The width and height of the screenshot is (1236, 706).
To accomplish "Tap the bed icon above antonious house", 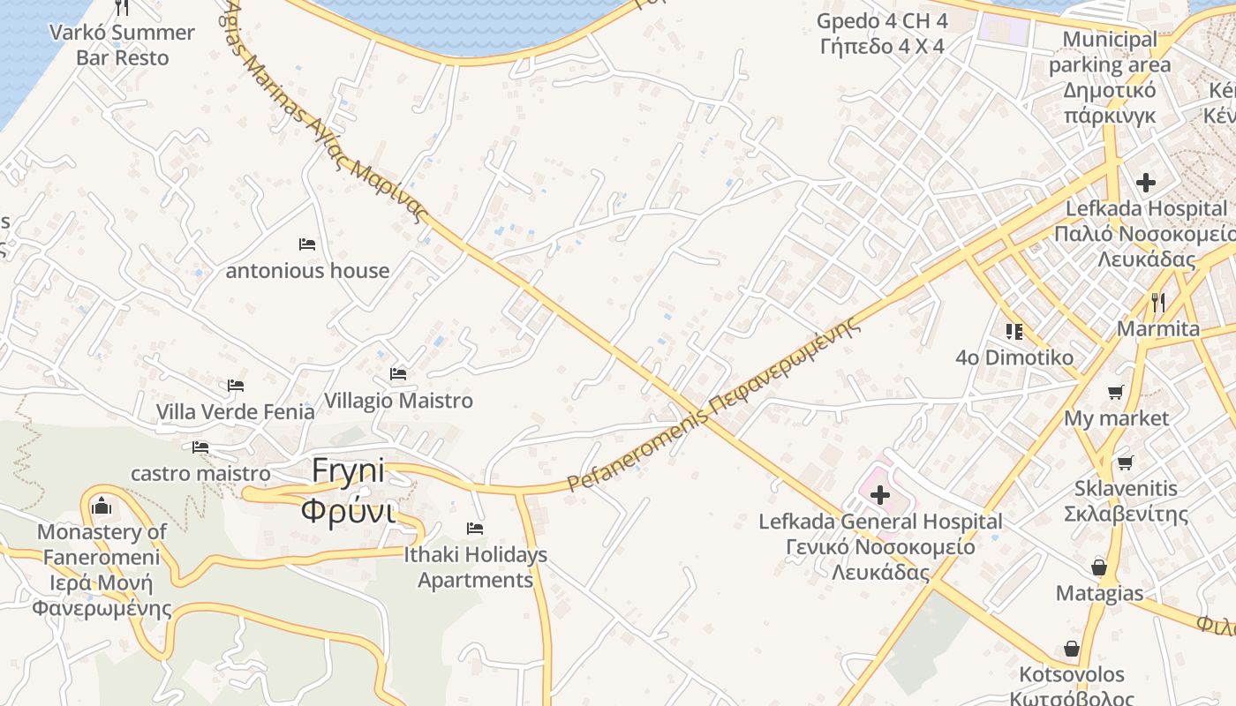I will pos(307,244).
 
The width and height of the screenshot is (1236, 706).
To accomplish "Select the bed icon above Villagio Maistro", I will pos(398,374).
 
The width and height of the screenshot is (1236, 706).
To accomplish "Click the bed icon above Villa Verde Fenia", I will pos(236,386).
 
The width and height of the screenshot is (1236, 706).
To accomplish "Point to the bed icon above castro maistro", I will pos(200,447).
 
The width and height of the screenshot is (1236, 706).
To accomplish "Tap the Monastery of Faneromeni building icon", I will pos(102,506).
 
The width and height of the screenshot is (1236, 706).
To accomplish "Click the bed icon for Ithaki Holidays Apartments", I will pos(475,529).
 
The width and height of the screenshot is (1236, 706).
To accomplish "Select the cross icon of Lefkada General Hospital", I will pos(880,495).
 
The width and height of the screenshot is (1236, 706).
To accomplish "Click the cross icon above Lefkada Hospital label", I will pos(1146,183).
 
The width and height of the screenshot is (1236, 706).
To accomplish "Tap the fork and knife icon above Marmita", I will pos(1158,303).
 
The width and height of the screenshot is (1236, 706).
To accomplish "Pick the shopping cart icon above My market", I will pos(1116,392).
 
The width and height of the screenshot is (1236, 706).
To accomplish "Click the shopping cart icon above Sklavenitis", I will pos(1125,462).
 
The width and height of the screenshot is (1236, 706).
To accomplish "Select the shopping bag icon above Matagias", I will pos(1099,567).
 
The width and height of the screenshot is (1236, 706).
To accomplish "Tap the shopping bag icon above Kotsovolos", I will pos(1072,649).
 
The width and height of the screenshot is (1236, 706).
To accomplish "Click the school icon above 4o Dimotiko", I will pos(1014,331).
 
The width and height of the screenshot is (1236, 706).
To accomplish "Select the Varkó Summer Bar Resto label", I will pos(122,45).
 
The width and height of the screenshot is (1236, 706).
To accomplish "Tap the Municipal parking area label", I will pos(1110,78).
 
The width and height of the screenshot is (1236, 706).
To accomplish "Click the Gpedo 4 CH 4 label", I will pos(882,33).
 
